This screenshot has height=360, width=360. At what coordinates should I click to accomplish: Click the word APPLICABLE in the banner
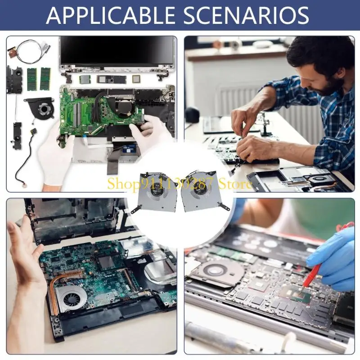pos(110,15)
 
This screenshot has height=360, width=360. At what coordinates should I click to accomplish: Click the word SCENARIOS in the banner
pos(246,15)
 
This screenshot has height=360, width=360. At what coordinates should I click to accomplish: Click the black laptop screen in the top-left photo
pos(117,50)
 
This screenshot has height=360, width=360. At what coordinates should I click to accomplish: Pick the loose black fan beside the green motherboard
pos(40,107)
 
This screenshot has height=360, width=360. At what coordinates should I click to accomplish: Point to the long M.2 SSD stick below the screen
pos(112,80)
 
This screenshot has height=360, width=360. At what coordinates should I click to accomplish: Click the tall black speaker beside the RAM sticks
pos(14,80)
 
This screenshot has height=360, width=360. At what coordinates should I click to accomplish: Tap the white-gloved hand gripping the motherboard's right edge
pos(149,131)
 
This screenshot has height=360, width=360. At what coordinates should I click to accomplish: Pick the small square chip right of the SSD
pos(136,79)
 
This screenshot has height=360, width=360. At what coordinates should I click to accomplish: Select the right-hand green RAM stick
pos(45,78)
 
